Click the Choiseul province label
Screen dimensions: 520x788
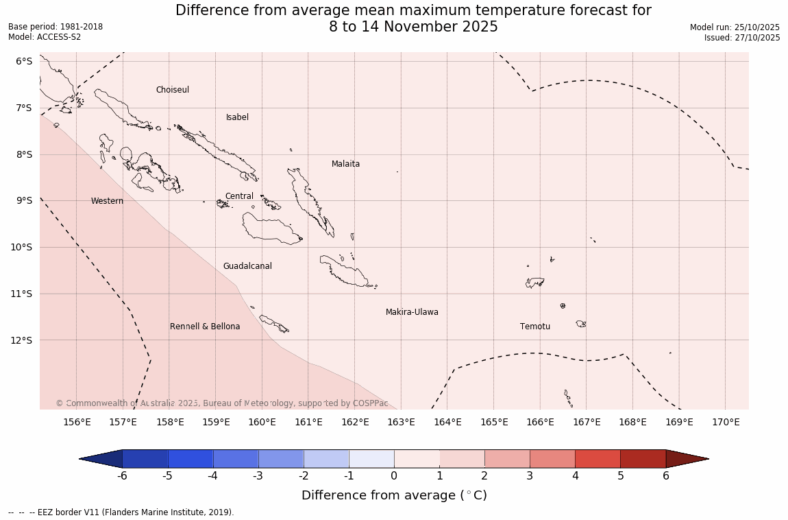(x=172, y=90)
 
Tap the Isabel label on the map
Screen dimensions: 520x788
(x=237, y=117)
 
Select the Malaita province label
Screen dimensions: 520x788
(x=345, y=164)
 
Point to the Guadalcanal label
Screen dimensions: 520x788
(x=247, y=266)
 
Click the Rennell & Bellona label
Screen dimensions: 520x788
(x=205, y=327)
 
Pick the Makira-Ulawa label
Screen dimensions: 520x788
(x=412, y=312)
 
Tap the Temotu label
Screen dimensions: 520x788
(x=534, y=327)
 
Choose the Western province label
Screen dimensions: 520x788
(x=107, y=201)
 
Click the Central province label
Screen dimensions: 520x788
(x=239, y=196)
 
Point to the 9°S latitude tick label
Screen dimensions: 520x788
(x=24, y=200)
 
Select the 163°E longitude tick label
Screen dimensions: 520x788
(x=401, y=422)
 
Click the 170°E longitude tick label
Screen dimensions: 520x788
(x=726, y=422)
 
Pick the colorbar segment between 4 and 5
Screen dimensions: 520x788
(x=598, y=459)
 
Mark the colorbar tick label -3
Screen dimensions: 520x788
(x=258, y=476)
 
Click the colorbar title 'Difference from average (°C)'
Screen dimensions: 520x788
(x=394, y=495)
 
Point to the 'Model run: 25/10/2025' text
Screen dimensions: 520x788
(x=735, y=27)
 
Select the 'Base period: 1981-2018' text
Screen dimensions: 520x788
(x=56, y=27)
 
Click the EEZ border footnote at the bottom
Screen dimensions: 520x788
(x=121, y=512)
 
